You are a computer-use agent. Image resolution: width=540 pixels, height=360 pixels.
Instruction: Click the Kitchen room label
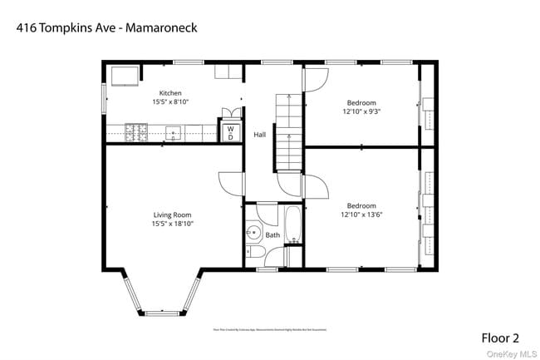pyautogui.click(x=170, y=93)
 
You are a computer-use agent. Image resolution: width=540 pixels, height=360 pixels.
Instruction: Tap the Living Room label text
pyautogui.click(x=171, y=215)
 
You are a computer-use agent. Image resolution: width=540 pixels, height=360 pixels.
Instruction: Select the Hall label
pyautogui.click(x=260, y=134)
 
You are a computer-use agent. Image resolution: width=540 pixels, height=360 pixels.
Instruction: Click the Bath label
pyautogui.click(x=272, y=235)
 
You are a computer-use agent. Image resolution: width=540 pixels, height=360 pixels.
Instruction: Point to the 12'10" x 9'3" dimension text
pyautogui.click(x=361, y=111)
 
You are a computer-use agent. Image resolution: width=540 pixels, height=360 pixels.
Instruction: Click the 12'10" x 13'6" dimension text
pyautogui.click(x=361, y=215)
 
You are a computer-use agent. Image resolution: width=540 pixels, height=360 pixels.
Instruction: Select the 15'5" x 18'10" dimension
pyautogui.click(x=171, y=223)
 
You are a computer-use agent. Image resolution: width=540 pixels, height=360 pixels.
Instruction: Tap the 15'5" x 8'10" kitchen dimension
pyautogui.click(x=170, y=101)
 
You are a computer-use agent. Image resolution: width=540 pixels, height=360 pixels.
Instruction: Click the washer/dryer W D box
pyautogui.click(x=230, y=133)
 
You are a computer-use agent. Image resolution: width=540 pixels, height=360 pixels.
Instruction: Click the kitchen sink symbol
pyautogui.click(x=174, y=131)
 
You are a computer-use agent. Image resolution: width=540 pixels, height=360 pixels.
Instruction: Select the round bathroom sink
pyautogui.click(x=254, y=234)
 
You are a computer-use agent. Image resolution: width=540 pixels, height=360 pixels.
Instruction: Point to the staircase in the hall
pyautogui.click(x=287, y=131)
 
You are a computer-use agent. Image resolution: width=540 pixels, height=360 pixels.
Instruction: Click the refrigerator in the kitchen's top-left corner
pyautogui.click(x=124, y=76)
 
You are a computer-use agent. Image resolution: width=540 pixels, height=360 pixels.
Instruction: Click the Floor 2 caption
pyautogui.click(x=500, y=338)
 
